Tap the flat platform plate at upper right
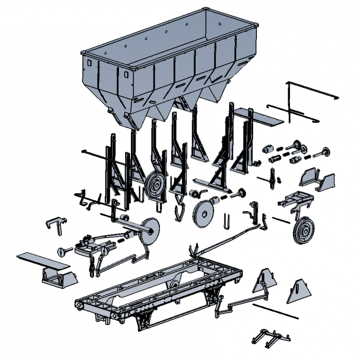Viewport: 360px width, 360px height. (x=267, y=117)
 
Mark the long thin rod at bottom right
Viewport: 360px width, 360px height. (x=275, y=311)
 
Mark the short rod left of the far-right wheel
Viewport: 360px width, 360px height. (x=281, y=220)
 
